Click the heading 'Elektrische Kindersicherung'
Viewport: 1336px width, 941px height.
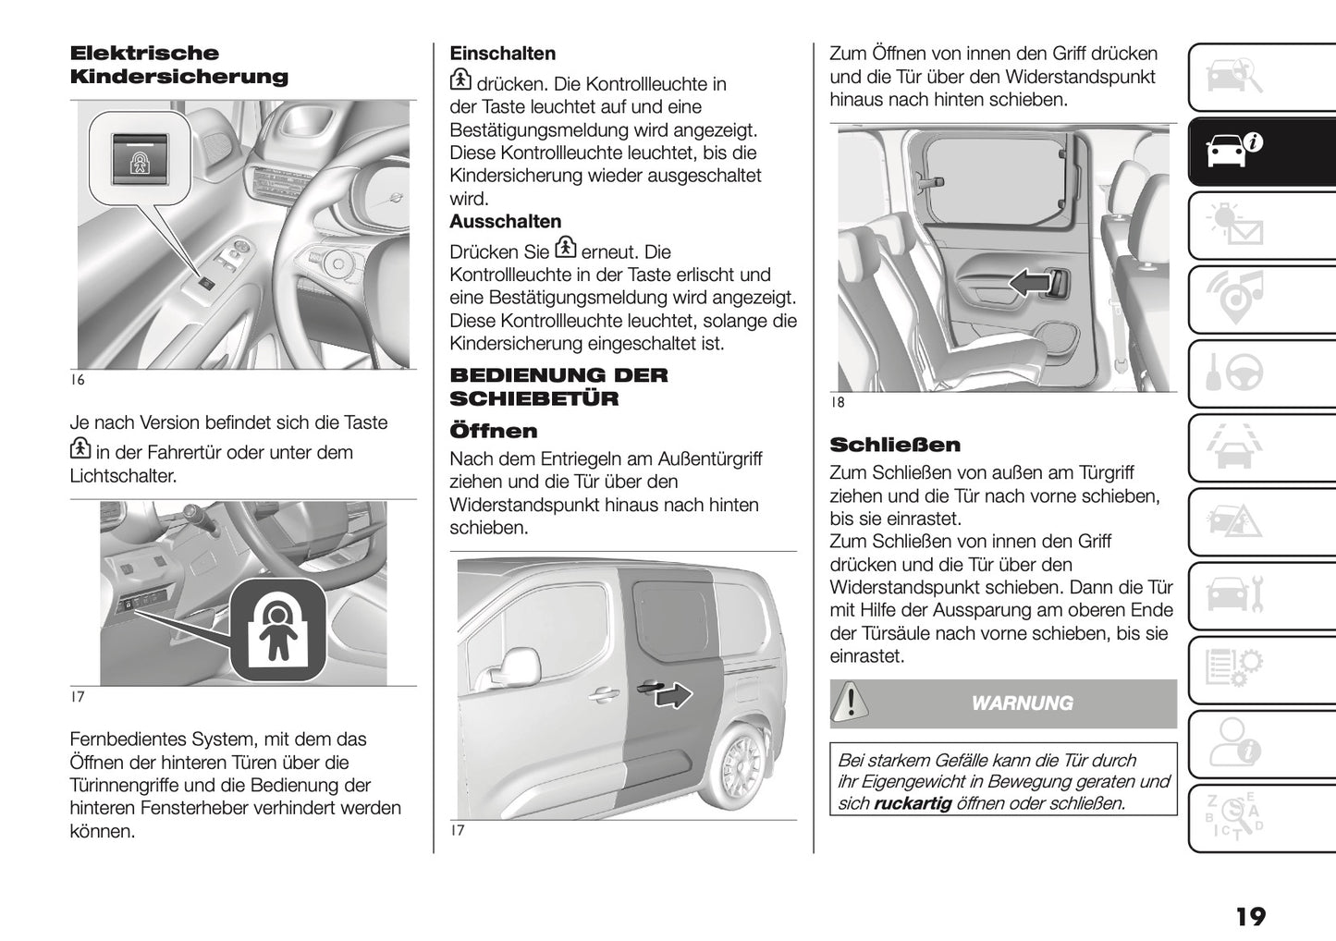pyautogui.click(x=178, y=65)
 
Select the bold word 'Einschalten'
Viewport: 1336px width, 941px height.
pyautogui.click(x=502, y=54)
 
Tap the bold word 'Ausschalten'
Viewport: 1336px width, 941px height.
pyautogui.click(x=505, y=222)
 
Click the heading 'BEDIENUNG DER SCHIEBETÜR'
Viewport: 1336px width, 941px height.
pyautogui.click(x=558, y=386)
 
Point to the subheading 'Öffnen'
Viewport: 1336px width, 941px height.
pyautogui.click(x=493, y=431)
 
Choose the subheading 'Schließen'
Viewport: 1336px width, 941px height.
pyautogui.click(x=894, y=445)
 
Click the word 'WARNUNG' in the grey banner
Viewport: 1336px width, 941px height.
pyautogui.click(x=1022, y=703)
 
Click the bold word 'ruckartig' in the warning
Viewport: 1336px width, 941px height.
pyautogui.click(x=912, y=803)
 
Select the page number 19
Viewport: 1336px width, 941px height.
pyautogui.click(x=1249, y=916)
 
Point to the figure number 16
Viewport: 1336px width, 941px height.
pyautogui.click(x=77, y=380)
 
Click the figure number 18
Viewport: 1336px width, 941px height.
pyautogui.click(x=838, y=403)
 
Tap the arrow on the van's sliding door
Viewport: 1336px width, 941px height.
pyautogui.click(x=674, y=694)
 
